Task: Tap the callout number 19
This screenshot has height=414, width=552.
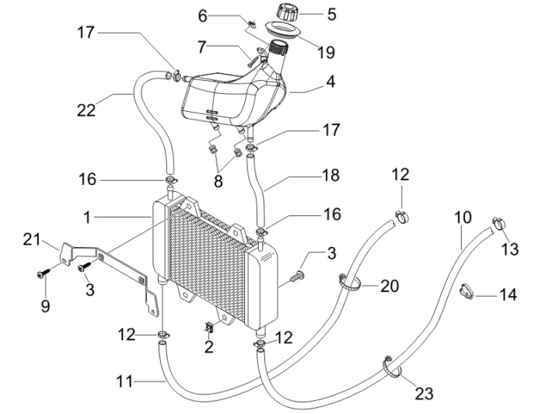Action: coord(326,52)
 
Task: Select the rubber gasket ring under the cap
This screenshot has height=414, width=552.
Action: coord(283,30)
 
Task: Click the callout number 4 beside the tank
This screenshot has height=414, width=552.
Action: coord(330,82)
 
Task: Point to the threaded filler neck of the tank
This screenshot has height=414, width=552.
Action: coord(278,48)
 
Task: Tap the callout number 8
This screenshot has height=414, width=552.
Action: coord(218,181)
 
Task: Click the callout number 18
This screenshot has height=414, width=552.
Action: coord(331,175)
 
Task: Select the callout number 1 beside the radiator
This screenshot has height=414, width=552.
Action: coord(87,217)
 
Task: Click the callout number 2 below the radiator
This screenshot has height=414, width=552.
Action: coord(209,346)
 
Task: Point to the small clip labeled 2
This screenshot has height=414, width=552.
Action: coord(209,328)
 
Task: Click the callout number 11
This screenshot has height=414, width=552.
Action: coord(124,381)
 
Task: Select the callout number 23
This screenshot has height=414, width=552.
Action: coord(424,394)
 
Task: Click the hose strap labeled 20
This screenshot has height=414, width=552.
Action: coord(350,283)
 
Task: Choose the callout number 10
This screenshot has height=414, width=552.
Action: coord(463,217)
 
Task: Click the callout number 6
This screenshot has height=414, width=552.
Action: coord(203,16)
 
